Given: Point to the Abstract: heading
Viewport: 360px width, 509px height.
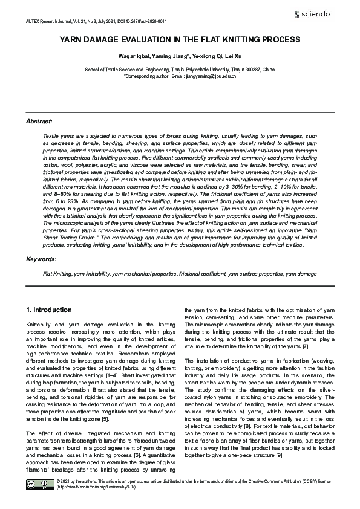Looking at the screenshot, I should tap(39, 122).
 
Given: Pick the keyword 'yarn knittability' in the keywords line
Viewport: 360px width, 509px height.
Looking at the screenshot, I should tap(93, 274).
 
